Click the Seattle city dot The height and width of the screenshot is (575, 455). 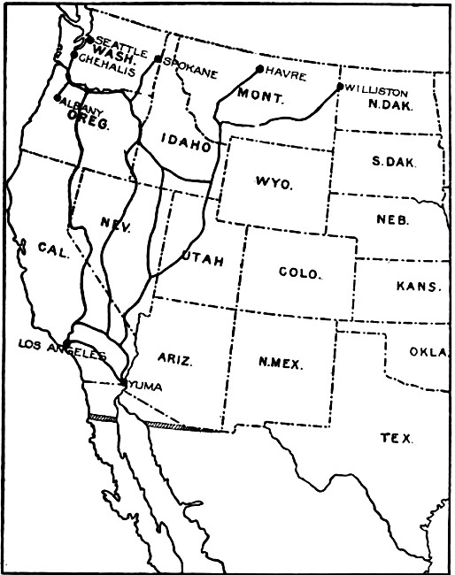pyautogui.click(x=89, y=40)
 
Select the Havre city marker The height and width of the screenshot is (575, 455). pyautogui.click(x=259, y=68)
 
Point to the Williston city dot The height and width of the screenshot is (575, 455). pyautogui.click(x=340, y=86)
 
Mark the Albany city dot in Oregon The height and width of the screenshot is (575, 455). pyautogui.click(x=58, y=97)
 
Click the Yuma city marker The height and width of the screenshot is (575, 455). pyautogui.click(x=123, y=383)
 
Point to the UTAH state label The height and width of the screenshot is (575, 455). pyautogui.click(x=203, y=259)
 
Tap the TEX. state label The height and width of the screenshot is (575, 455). pyautogui.click(x=395, y=438)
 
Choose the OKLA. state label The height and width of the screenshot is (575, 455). pyautogui.click(x=429, y=351)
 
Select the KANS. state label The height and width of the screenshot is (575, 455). pyautogui.click(x=418, y=287)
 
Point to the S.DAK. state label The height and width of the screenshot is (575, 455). pyautogui.click(x=395, y=164)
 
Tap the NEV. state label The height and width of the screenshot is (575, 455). pyautogui.click(x=116, y=226)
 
